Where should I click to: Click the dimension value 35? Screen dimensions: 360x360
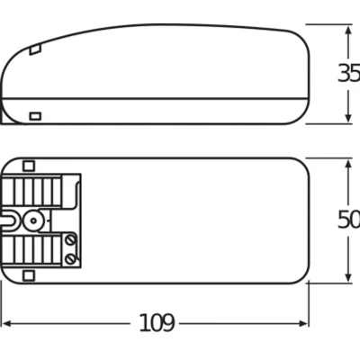coord(348,74)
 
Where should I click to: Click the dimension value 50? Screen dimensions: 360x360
coord(348,220)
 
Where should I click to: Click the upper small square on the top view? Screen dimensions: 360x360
coord(29,165)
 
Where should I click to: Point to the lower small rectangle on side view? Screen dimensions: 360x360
coord(36,115)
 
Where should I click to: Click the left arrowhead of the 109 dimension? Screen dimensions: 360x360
coord(6,321)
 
